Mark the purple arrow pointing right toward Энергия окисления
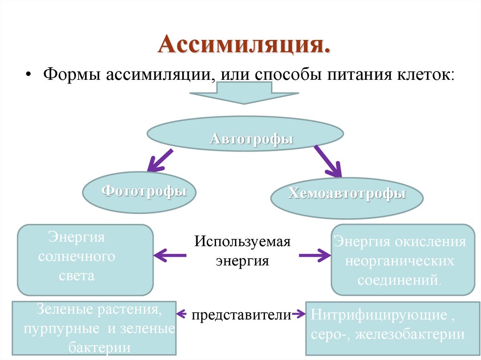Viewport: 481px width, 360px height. point(315,255)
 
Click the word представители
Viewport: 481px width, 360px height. point(241,315)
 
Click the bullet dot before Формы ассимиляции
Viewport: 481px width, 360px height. point(29,75)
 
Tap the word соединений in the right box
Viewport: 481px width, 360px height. point(399,280)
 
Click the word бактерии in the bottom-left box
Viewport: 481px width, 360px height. point(99,348)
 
